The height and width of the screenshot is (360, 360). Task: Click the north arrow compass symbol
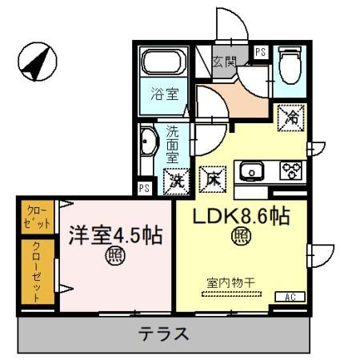[x=37, y=62]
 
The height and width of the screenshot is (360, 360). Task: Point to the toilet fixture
[x=289, y=66]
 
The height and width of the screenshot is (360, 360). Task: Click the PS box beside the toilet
[x=260, y=52]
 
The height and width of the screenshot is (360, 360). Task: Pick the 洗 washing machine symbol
[x=175, y=180]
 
